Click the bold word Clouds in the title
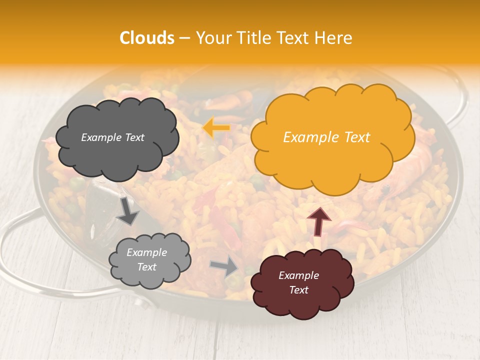pyautogui.click(x=147, y=38)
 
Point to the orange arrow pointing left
pyautogui.click(x=216, y=127)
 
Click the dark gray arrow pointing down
pyautogui.click(x=127, y=211)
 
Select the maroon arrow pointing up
pyautogui.click(x=319, y=221)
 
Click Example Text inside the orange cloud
pyautogui.click(x=326, y=137)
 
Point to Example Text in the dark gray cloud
pyautogui.click(x=112, y=137)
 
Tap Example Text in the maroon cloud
pyautogui.click(x=298, y=282)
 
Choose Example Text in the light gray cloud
pyautogui.click(x=146, y=260)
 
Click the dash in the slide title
pyautogui.click(x=184, y=38)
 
